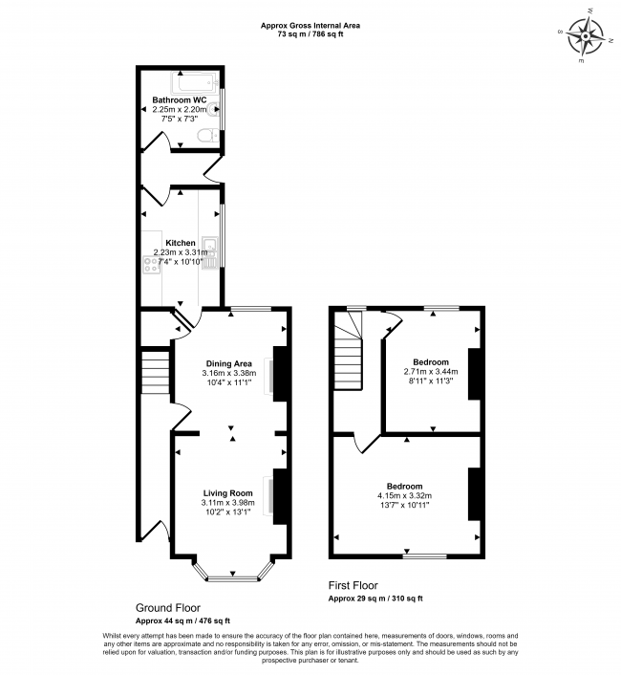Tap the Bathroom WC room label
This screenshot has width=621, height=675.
[x=180, y=99]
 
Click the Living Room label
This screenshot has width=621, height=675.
[x=227, y=492]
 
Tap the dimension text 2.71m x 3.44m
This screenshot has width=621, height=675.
[x=430, y=372]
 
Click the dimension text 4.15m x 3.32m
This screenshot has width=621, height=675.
[x=404, y=495]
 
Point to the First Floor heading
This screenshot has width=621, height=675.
[x=353, y=585]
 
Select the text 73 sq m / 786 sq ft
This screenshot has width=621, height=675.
[x=310, y=34]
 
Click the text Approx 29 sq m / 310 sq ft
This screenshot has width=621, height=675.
[x=375, y=598]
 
